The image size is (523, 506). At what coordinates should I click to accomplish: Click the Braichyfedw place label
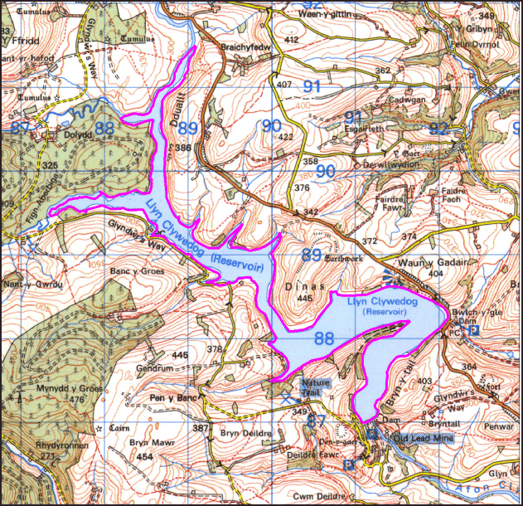coord(245,47)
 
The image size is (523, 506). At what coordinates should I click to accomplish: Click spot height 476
coord(78,400)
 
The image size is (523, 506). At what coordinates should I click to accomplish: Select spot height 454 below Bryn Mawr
coord(144,457)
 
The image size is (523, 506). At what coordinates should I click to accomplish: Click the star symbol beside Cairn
coord(99,428)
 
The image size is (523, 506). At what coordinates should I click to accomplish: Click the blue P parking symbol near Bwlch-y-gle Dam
coord(473,330)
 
